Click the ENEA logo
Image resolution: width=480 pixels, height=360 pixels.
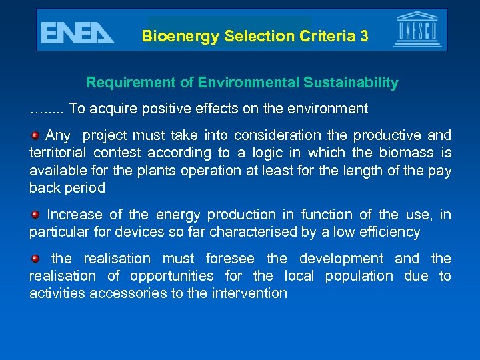77,32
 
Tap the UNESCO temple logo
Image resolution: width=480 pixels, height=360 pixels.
417,30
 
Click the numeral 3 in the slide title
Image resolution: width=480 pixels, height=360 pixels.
363,36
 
